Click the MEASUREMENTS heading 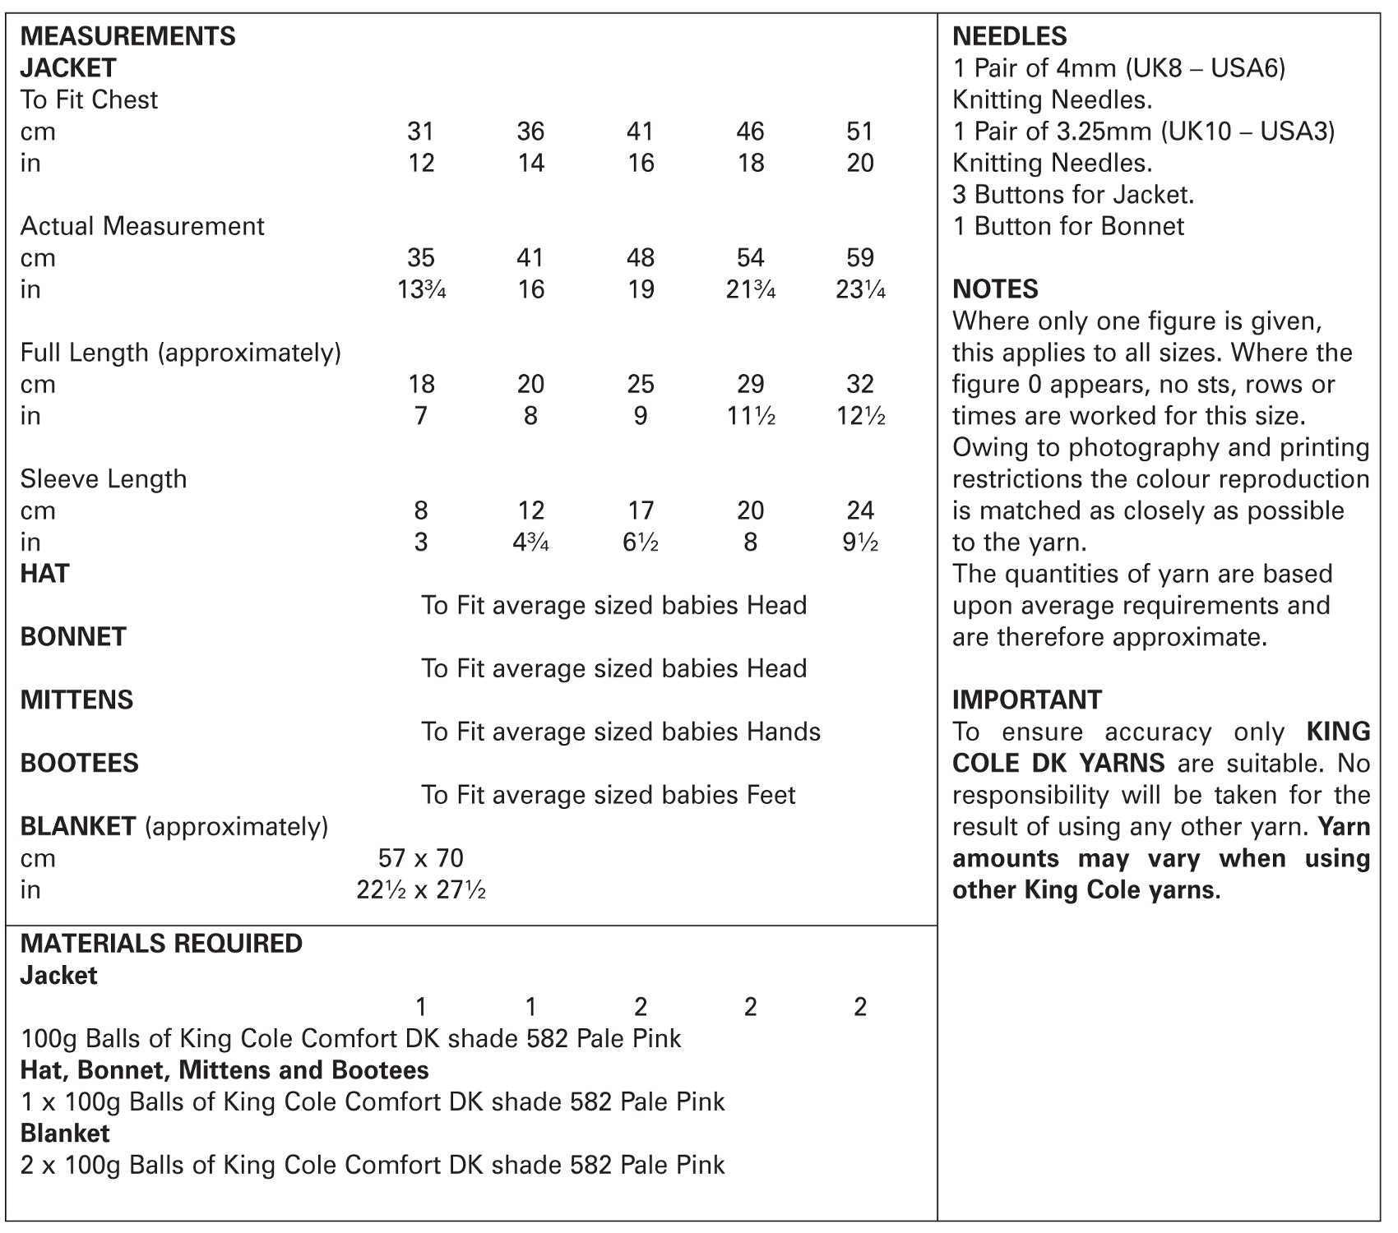tap(127, 36)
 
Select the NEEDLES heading tap(1009, 36)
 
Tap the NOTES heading tap(995, 289)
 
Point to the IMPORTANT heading tap(1026, 700)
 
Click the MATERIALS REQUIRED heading tap(161, 944)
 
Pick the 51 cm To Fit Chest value tap(859, 132)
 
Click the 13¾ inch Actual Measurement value tap(421, 289)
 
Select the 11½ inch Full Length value tap(750, 416)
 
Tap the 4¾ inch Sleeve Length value tap(530, 543)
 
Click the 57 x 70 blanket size tap(421, 858)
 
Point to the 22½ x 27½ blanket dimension tap(421, 890)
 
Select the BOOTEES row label tap(79, 764)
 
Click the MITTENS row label tap(76, 700)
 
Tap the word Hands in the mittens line tap(783, 732)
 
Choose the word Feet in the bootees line tap(771, 796)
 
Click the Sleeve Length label tap(103, 479)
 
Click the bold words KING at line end tap(1338, 732)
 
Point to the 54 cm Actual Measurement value tap(750, 258)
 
